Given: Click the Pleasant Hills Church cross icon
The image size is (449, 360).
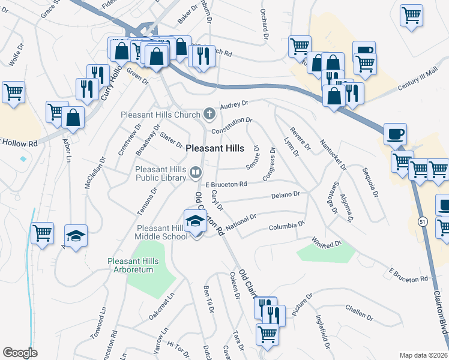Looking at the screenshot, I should pyautogui.click(x=209, y=113).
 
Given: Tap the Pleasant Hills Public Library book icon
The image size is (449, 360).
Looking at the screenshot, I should pyautogui.click(x=195, y=173).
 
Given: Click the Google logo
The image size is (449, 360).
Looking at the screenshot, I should pyautogui.click(x=20, y=353).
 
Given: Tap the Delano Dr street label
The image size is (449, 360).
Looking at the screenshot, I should pyautogui.click(x=285, y=195).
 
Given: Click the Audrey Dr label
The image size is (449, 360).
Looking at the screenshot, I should pyautogui.click(x=234, y=104).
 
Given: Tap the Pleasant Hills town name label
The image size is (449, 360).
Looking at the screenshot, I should pyautogui.click(x=214, y=148).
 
